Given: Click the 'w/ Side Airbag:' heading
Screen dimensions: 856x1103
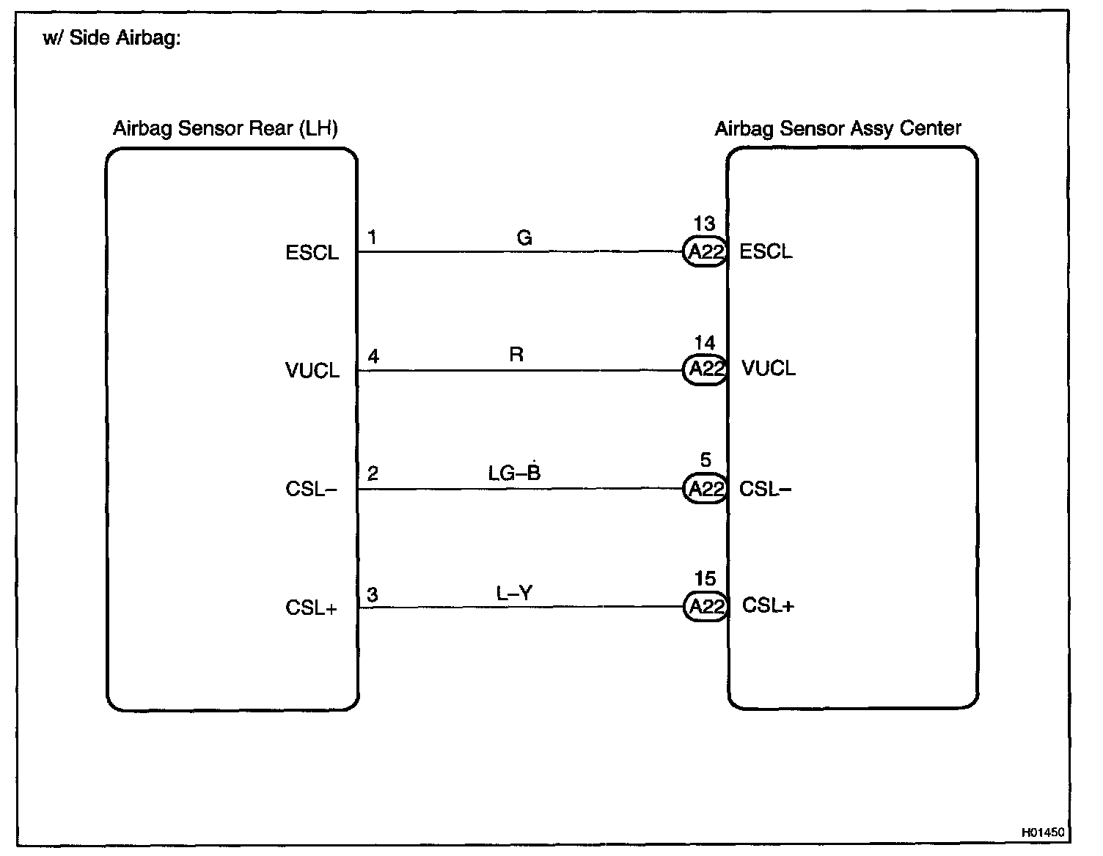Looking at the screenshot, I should tap(111, 38).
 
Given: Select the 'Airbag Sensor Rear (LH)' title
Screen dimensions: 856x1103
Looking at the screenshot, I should tap(225, 129).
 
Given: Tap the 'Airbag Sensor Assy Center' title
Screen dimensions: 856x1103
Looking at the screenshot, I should tap(838, 129).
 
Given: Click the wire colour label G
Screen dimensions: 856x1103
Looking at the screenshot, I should tap(524, 237).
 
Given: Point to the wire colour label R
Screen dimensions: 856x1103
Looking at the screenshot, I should tap(516, 355).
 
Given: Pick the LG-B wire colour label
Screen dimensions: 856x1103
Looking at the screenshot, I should tap(514, 473).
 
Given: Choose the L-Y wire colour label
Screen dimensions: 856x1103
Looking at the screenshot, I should tap(514, 593).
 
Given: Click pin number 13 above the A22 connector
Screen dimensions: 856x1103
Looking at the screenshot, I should tap(704, 224).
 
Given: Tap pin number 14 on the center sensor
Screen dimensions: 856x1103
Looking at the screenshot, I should tap(704, 343).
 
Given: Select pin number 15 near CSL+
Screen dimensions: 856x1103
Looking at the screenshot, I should tap(705, 580).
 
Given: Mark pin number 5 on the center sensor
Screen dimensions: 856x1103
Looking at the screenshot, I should tap(706, 460).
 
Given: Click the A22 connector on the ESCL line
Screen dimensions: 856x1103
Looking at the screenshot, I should tap(706, 252).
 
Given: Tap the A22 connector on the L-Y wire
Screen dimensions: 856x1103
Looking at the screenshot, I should tap(706, 607).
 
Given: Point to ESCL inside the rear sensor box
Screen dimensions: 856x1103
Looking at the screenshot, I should tap(312, 254).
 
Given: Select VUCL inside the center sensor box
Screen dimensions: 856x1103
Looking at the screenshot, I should tap(769, 368).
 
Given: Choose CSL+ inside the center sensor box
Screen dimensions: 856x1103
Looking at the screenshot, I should tap(768, 606).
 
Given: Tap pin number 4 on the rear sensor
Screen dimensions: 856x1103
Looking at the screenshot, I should tap(373, 357).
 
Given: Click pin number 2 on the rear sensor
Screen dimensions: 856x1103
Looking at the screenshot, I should tap(373, 474).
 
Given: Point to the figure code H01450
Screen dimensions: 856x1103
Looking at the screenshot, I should tap(1044, 833).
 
